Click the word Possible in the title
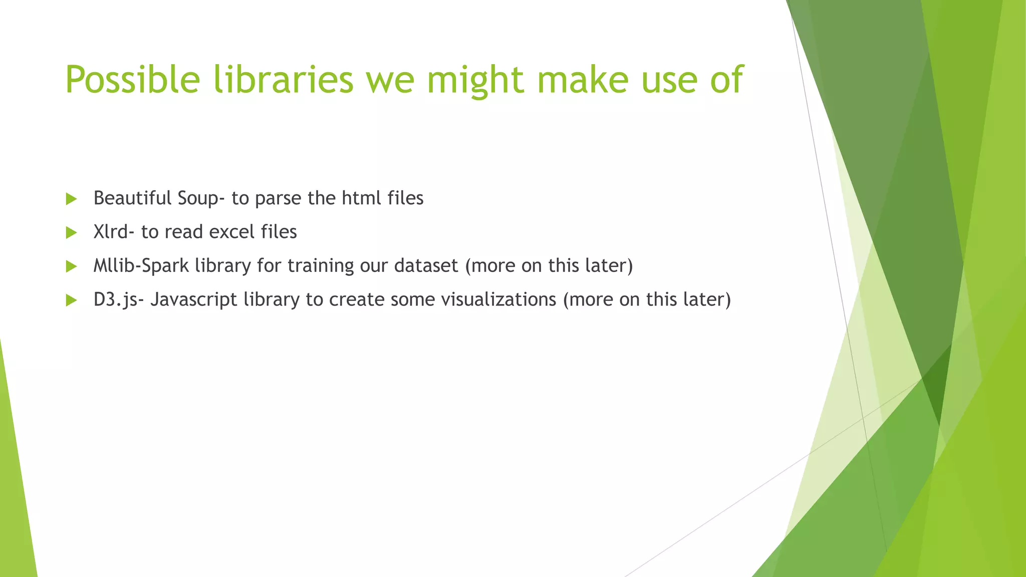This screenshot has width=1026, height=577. [132, 80]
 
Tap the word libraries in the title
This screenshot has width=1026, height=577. [284, 80]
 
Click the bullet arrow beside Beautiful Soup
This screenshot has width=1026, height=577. [71, 199]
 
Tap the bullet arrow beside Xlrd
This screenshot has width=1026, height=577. [71, 232]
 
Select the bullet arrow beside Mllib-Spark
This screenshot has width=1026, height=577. [71, 266]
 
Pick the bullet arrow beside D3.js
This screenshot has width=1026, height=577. [71, 300]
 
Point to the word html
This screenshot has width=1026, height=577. [361, 198]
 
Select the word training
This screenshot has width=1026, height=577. [320, 266]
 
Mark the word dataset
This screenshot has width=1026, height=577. [426, 265]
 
